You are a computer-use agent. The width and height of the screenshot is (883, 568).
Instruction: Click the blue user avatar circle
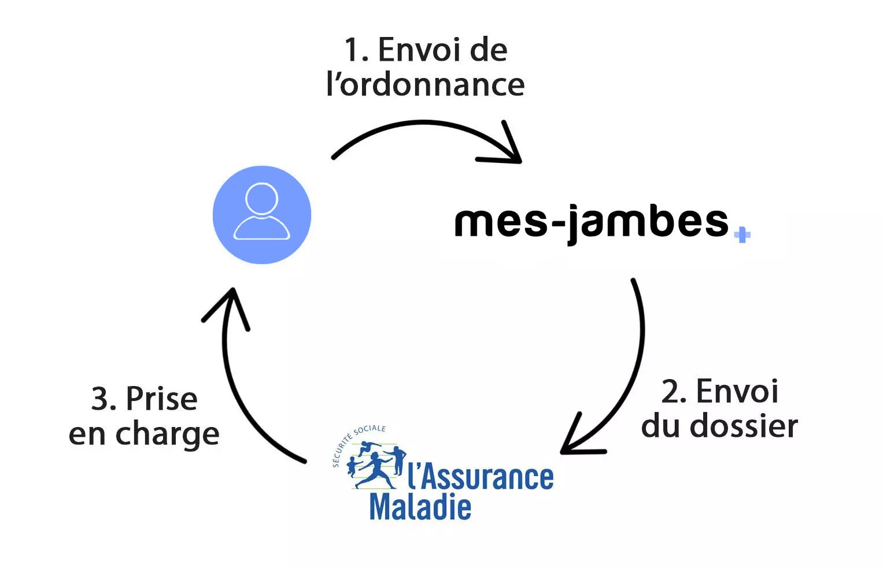[x=261, y=215]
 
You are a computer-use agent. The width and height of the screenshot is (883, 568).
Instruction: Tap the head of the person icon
[x=261, y=199]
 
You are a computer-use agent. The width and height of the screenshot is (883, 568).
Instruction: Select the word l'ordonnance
[x=425, y=84]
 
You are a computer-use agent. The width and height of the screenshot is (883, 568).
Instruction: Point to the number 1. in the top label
[x=356, y=50]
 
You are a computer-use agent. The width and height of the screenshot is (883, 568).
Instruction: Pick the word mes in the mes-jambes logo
[x=501, y=222]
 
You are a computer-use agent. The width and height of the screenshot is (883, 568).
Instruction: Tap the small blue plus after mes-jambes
[x=742, y=235]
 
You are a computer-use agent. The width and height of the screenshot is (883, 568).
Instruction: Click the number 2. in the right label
[x=674, y=392]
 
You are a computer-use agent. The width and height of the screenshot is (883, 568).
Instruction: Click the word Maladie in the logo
[x=420, y=507]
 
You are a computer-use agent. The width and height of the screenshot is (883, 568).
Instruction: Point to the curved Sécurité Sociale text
[x=356, y=441]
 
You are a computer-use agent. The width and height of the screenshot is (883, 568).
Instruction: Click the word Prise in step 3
[x=162, y=399]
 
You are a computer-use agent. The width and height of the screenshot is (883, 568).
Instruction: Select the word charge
[x=167, y=435]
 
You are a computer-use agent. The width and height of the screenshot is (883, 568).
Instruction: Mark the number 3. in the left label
[x=104, y=399]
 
